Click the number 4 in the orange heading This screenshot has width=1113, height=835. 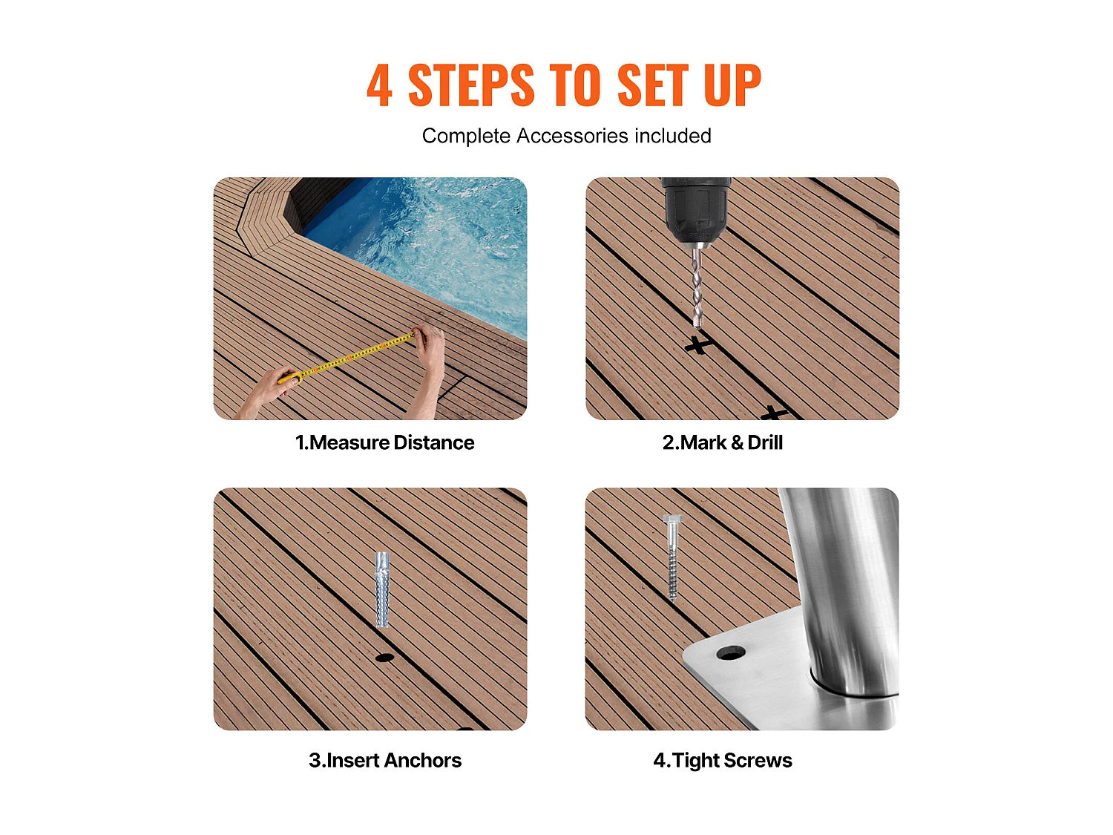coord(379,86)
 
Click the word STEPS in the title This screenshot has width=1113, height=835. coord(470,86)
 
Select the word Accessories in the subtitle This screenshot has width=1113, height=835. coord(572,136)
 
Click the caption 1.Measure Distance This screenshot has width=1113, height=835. coord(384,442)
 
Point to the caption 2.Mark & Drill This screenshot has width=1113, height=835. coord(722,442)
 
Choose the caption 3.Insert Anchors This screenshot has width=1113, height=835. coord(384,760)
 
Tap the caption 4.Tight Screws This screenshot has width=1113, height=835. coord(722,760)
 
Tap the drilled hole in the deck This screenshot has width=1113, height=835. coord(384,658)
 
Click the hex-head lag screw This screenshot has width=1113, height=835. coord(672,557)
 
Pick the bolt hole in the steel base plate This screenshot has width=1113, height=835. coord(730,653)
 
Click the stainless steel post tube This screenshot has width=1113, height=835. coord(846,586)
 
